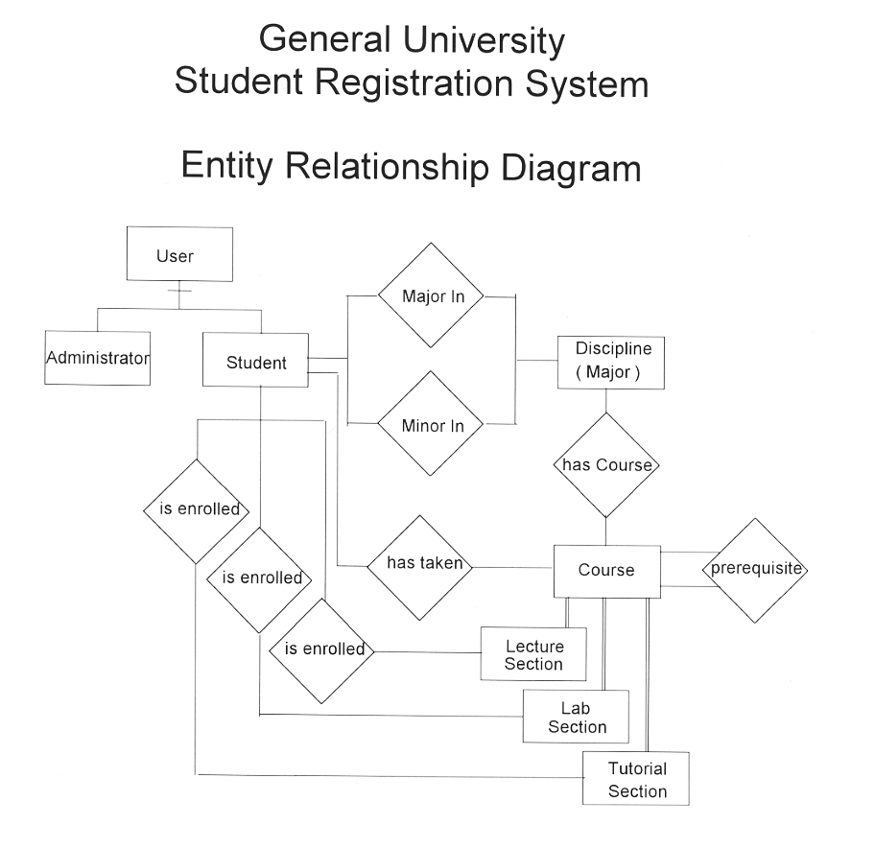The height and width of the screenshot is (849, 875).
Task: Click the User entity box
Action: tap(179, 254)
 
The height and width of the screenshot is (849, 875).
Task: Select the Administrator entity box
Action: tap(97, 358)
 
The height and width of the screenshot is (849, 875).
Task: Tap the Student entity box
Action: tap(255, 361)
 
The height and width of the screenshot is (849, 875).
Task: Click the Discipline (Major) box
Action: tap(611, 362)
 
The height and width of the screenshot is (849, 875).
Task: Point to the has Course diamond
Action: tap(606, 465)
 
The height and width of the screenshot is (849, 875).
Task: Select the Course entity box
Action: tap(606, 571)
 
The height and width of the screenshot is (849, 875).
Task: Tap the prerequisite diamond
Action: tap(756, 570)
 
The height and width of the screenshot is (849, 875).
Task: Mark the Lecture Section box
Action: tap(533, 654)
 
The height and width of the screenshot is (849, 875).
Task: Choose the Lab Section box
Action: tap(576, 717)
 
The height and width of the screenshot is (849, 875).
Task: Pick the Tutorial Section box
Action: tap(636, 778)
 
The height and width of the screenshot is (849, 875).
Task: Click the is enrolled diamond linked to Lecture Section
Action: tap(321, 650)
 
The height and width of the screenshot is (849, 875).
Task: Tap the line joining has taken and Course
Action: tap(513, 567)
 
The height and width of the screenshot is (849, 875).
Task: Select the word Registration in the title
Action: tap(414, 83)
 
